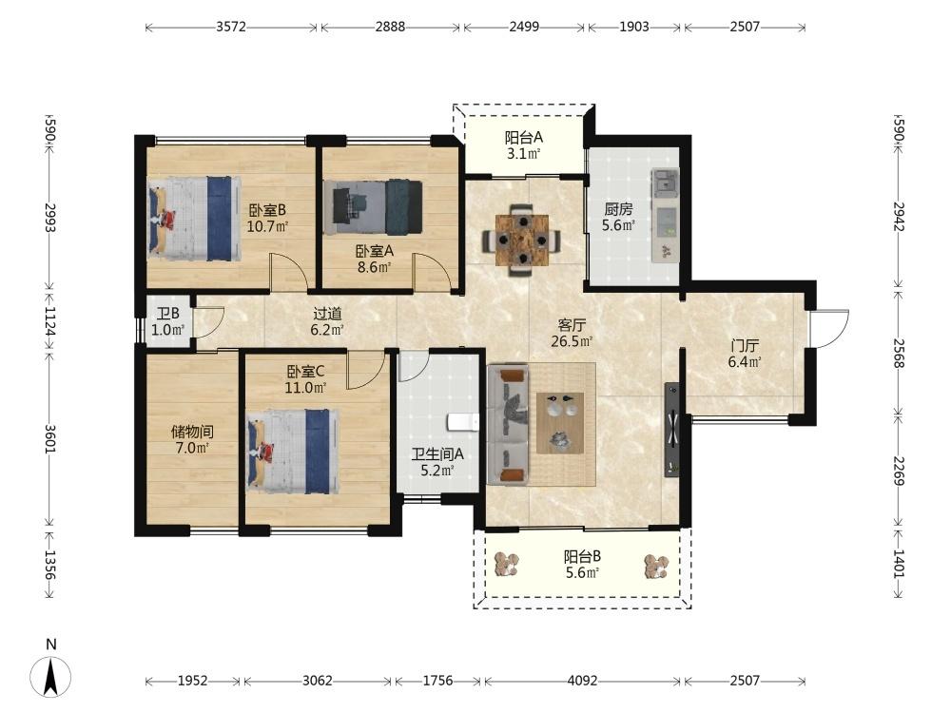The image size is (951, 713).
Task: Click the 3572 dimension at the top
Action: (231, 28)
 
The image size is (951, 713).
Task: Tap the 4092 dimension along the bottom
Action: (582, 681)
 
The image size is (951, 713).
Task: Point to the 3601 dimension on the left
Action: (50, 438)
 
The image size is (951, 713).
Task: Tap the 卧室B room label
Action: (267, 210)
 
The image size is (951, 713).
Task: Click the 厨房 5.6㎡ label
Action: (618, 218)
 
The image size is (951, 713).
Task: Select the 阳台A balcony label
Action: (523, 138)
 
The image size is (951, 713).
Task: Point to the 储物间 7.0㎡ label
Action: (192, 440)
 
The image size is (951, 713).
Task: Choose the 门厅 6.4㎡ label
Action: (745, 354)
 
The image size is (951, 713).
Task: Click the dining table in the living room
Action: (521, 241)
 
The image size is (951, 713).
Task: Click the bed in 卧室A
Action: (373, 207)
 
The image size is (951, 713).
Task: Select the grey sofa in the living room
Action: (508, 424)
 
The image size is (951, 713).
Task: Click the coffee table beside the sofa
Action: (560, 423)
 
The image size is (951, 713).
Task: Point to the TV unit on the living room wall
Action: (671, 430)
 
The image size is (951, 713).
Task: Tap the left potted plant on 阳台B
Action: (507, 565)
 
